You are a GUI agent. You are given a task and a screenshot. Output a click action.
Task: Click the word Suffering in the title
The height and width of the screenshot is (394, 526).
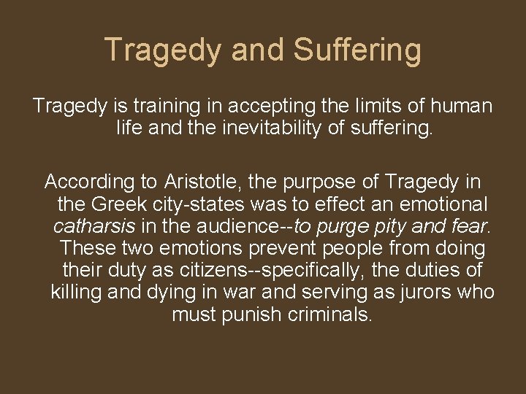pos(358,50)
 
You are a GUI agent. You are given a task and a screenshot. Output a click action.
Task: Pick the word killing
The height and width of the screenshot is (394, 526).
pos(77,293)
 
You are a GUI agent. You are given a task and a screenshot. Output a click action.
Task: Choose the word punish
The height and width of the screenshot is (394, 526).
pos(246,316)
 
